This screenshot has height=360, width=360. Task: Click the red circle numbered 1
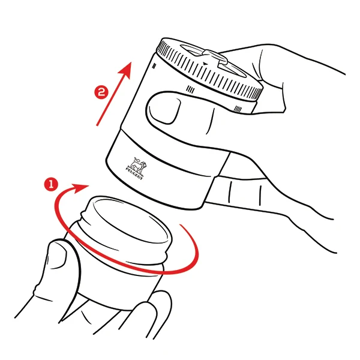[51, 184]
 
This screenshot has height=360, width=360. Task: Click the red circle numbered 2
[101, 92]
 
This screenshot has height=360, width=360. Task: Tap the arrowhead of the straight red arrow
[126, 70]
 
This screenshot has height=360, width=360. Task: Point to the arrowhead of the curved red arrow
[80, 188]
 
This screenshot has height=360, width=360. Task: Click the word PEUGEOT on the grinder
[134, 174]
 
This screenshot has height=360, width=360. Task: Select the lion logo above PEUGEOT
[138, 165]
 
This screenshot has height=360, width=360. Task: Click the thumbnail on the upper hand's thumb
[164, 109]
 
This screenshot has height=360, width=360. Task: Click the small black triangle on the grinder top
[205, 64]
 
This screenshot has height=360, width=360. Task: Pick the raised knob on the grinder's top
[215, 57]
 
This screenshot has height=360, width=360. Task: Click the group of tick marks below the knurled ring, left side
[190, 89]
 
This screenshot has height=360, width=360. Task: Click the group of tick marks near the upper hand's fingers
[238, 109]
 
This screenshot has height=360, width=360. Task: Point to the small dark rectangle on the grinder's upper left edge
[154, 66]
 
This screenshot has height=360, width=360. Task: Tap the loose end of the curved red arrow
[181, 225]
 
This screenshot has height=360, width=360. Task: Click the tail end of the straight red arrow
[97, 125]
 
